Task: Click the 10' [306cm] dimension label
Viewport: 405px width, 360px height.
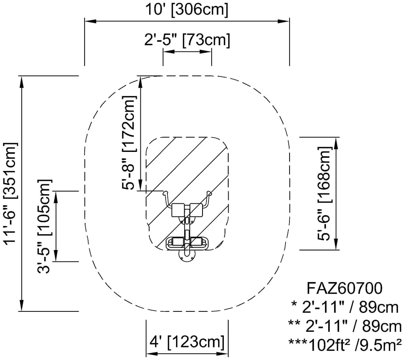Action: pos(187,9)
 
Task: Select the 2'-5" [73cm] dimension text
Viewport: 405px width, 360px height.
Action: pos(187,40)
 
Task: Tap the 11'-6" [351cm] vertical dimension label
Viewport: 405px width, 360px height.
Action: pos(11,193)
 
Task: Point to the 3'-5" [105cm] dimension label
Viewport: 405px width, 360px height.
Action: pos(44,227)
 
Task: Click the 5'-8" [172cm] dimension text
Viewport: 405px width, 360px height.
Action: pos(129,143)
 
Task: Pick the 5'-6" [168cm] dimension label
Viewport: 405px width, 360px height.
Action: pos(324,193)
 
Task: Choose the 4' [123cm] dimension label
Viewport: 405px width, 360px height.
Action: pos(187,342)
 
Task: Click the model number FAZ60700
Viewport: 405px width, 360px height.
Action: pos(344,288)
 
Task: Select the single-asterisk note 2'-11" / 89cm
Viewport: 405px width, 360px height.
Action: pos(345,307)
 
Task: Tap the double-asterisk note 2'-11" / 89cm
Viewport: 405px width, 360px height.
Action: pos(345,326)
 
